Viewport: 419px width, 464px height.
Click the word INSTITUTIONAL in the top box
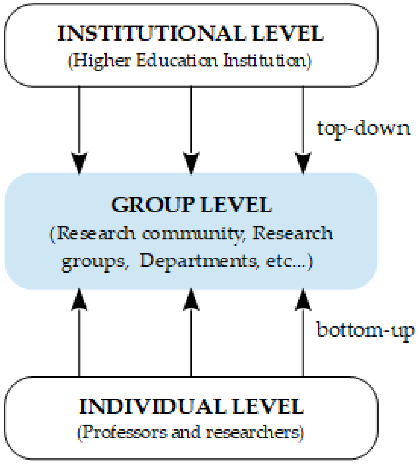[x=152, y=33]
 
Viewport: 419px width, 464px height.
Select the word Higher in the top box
[x=102, y=60]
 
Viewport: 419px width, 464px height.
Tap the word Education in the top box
[x=177, y=60]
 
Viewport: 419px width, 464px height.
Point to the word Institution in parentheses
[x=265, y=60]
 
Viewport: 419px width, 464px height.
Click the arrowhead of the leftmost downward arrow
[x=79, y=163]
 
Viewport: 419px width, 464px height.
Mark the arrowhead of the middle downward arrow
[x=191, y=163]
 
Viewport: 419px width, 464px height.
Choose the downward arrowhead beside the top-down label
[x=303, y=163]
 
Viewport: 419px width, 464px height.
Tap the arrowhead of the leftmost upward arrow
[x=79, y=300]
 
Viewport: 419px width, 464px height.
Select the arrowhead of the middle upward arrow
[x=191, y=300]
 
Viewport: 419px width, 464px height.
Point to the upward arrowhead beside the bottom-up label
[x=303, y=300]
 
